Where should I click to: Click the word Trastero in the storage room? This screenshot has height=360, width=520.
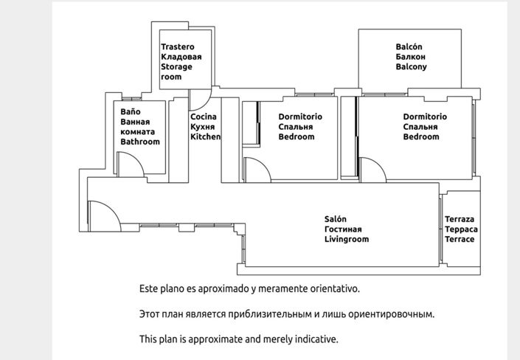click(x=178, y=46)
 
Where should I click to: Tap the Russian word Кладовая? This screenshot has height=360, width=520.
click(x=181, y=57)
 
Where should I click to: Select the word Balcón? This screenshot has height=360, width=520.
click(x=409, y=46)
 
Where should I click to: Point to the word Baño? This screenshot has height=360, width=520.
click(x=131, y=111)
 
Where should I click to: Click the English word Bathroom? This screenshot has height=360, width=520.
click(x=140, y=142)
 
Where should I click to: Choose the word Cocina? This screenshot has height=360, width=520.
click(x=204, y=117)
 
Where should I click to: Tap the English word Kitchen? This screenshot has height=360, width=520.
click(x=206, y=137)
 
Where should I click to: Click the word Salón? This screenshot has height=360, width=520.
click(x=336, y=219)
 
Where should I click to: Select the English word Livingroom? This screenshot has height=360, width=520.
click(x=347, y=240)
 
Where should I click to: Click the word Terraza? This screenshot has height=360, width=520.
click(x=460, y=220)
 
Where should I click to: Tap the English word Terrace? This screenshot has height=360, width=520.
click(x=460, y=240)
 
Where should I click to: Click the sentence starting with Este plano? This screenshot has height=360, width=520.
click(x=249, y=288)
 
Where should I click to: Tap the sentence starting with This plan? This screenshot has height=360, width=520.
click(x=238, y=339)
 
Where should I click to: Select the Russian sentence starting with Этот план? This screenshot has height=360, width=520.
click(x=287, y=314)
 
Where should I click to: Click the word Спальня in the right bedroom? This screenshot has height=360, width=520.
click(x=421, y=127)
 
